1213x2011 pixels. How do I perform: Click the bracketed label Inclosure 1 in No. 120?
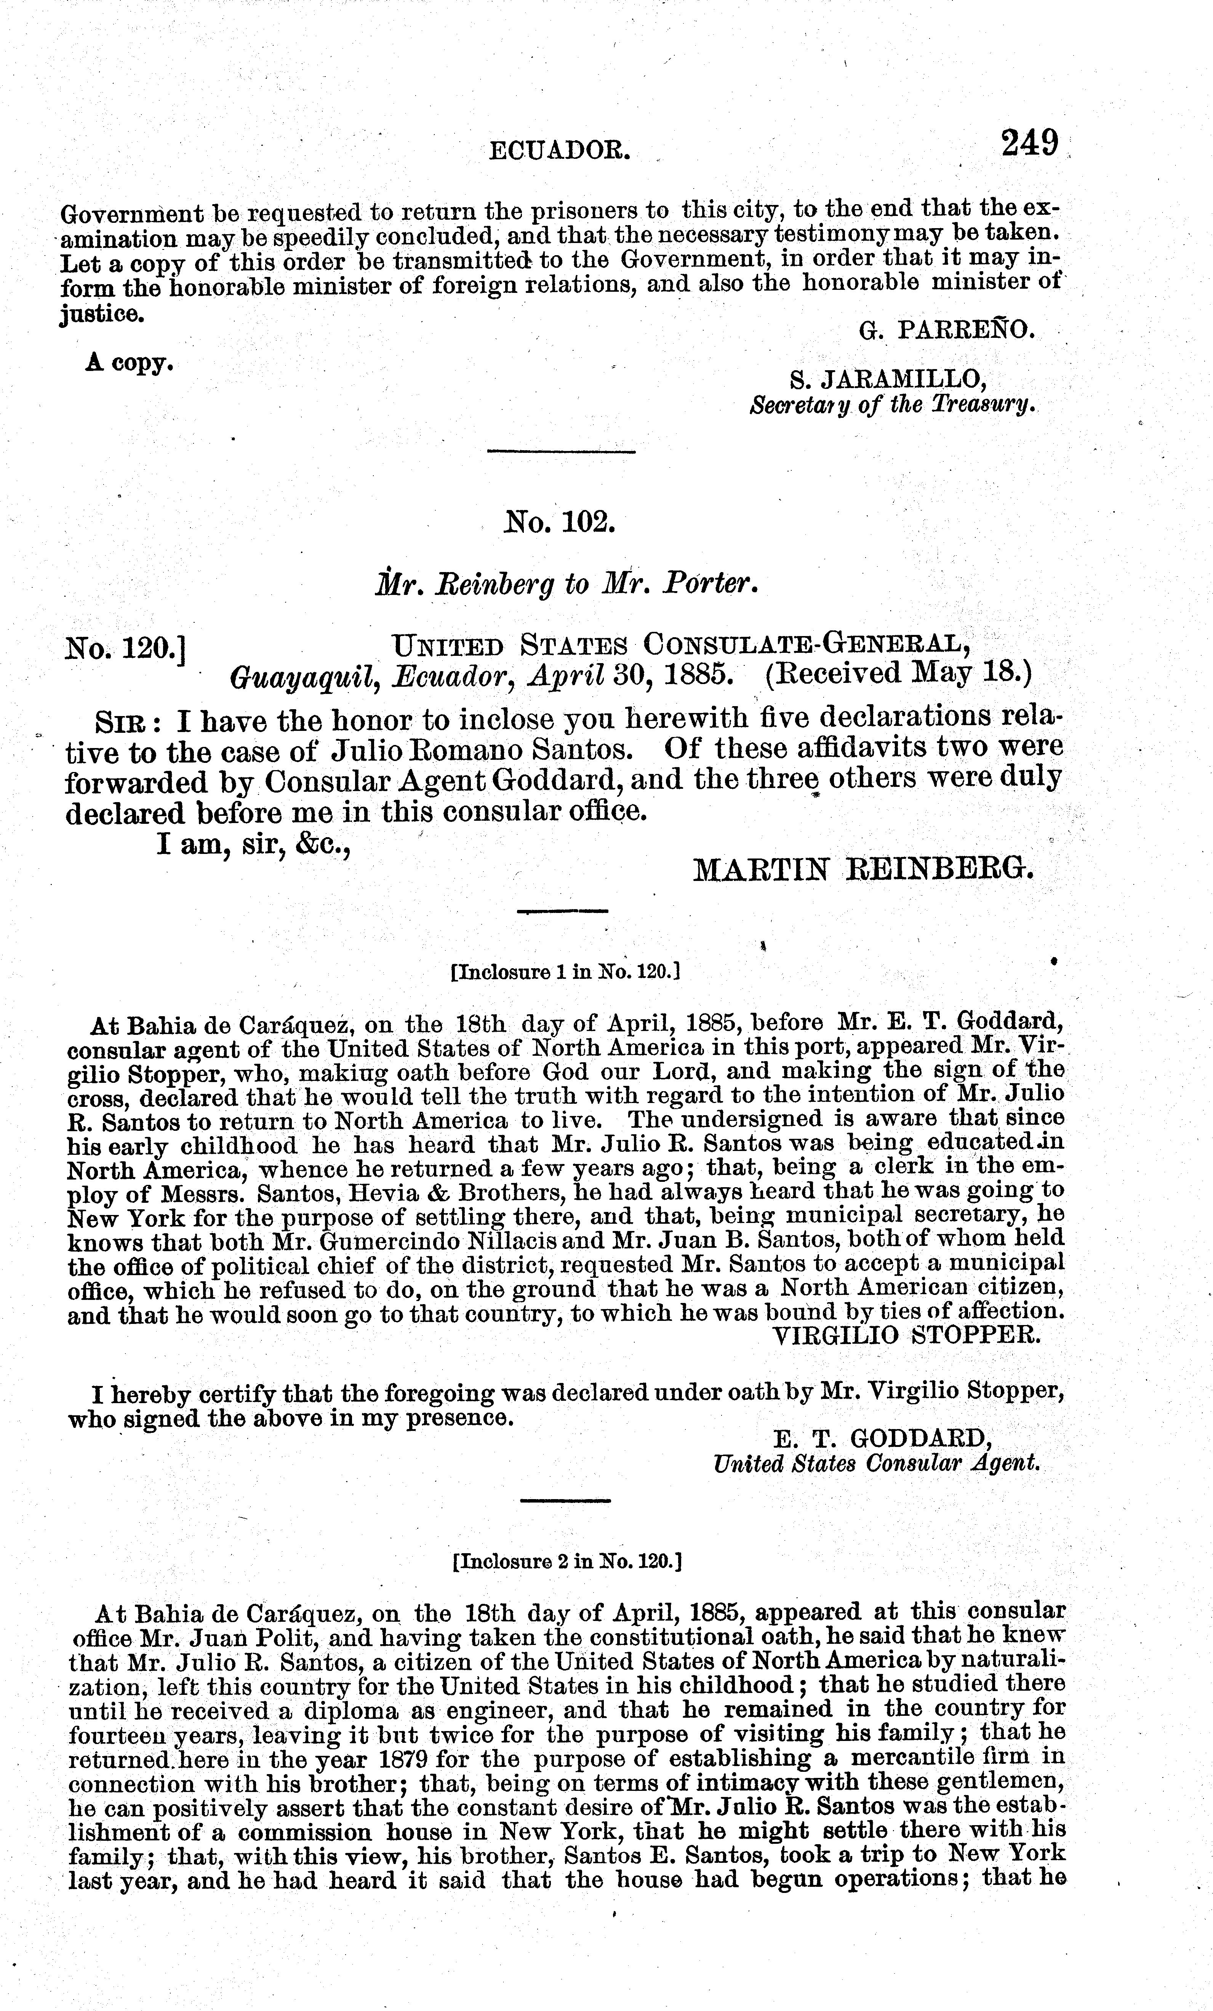tap(566, 972)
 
